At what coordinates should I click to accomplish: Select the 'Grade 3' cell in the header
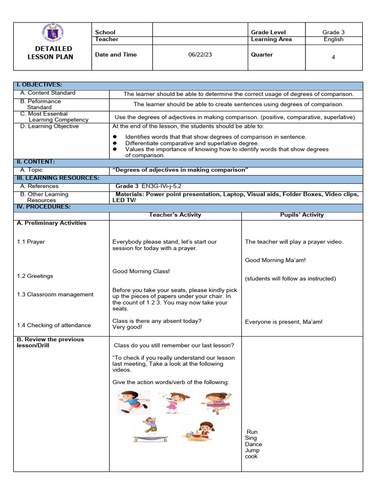(x=333, y=32)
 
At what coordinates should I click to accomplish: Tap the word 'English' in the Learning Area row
(x=333, y=39)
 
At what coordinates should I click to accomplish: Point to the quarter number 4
(x=333, y=57)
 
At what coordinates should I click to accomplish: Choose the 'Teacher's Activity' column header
(x=175, y=215)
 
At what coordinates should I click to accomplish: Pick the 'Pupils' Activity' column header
(x=302, y=215)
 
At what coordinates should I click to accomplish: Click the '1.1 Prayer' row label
(x=31, y=242)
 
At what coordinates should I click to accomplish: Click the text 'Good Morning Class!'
(x=141, y=271)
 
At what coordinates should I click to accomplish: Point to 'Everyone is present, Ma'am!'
(x=283, y=322)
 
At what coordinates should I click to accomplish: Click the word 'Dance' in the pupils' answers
(x=253, y=444)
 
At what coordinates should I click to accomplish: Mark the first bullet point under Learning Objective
(x=115, y=137)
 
